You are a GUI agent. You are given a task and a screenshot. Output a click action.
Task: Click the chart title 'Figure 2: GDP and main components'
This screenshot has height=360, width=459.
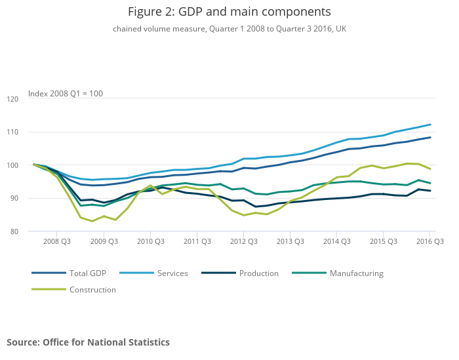pyautogui.click(x=229, y=12)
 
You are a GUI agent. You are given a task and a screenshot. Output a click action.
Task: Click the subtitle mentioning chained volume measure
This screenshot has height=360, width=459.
pyautogui.click(x=229, y=29)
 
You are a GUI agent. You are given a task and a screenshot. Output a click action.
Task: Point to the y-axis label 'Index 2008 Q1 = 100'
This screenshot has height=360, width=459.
pyautogui.click(x=66, y=94)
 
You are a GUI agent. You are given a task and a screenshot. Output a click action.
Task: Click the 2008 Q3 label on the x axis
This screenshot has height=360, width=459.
pyautogui.click(x=57, y=242)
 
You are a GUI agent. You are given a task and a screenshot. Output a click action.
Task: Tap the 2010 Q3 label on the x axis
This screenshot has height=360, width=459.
pyautogui.click(x=150, y=242)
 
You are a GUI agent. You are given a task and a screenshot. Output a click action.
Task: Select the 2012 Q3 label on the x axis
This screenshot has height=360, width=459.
pyautogui.click(x=243, y=242)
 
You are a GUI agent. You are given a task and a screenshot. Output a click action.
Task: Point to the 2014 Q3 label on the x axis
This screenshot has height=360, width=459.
pyautogui.click(x=336, y=242)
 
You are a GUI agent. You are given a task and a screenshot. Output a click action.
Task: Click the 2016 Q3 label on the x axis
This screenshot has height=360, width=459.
pyautogui.click(x=429, y=242)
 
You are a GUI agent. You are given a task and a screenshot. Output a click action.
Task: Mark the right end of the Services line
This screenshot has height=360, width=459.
pyautogui.click(x=430, y=125)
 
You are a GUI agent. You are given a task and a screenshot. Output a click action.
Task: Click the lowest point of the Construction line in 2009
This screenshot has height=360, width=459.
pyautogui.click(x=92, y=221)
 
